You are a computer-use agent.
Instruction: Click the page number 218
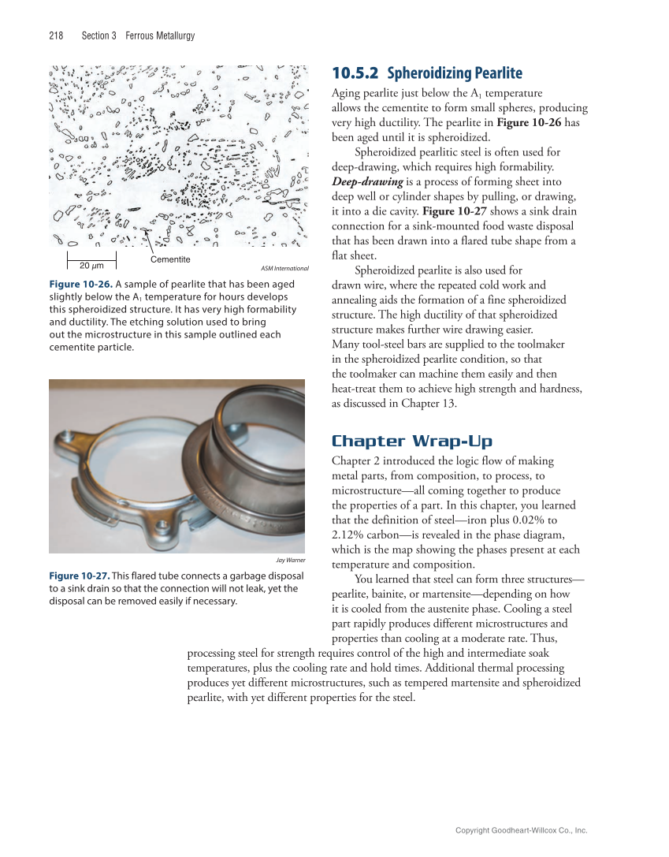[x=56, y=36]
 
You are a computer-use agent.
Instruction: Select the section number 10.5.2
[x=355, y=74]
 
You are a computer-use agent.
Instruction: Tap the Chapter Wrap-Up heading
[x=412, y=441]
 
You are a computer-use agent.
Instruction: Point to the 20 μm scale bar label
[x=92, y=265]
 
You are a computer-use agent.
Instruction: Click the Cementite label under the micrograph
[x=169, y=259]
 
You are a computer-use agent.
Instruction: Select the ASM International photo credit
[x=284, y=269]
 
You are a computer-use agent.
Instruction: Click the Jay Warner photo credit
[x=291, y=561]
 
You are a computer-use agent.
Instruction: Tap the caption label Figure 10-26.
[x=80, y=285]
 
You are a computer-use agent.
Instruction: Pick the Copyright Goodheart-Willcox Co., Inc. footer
[x=522, y=830]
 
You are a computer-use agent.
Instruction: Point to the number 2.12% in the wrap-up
[x=349, y=535]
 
